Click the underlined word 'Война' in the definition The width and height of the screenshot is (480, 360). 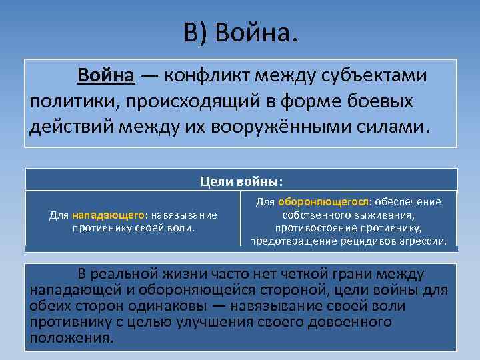coord(107,75)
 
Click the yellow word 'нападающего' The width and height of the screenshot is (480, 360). coord(109,215)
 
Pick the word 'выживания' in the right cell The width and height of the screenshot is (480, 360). coord(382,215)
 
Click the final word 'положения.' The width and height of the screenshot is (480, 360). coord(71,337)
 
